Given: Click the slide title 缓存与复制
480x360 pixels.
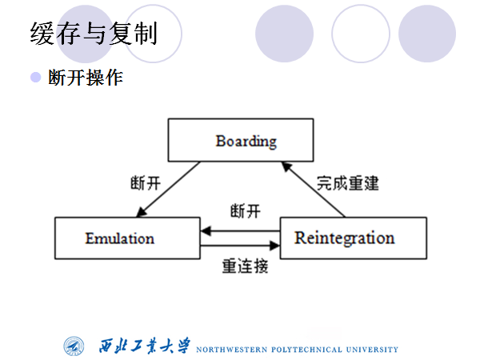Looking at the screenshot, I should click(94, 34).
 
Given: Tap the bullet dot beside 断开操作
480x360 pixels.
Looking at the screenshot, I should click(35, 77).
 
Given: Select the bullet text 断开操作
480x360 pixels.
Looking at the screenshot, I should click(86, 78).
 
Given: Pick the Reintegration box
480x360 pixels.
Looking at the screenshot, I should click(344, 238).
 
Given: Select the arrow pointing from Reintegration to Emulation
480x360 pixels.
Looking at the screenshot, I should click(240, 230).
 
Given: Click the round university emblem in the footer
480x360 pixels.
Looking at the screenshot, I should click(75, 346).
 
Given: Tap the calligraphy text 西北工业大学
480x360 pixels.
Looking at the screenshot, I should click(145, 346).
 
